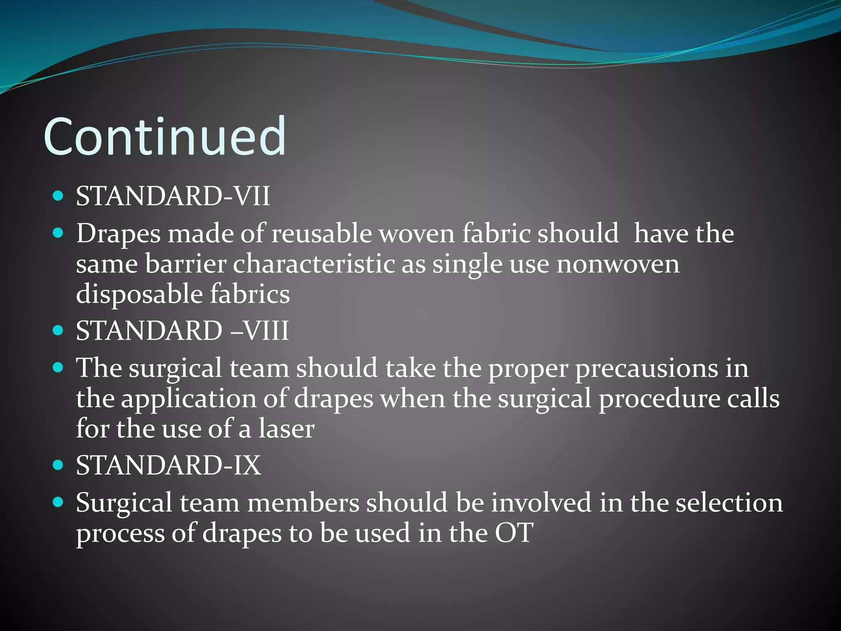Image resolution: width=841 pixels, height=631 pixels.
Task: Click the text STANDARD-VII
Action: click(173, 196)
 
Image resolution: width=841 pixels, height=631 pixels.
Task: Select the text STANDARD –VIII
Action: click(182, 331)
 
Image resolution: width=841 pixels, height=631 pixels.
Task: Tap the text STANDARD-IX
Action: click(168, 465)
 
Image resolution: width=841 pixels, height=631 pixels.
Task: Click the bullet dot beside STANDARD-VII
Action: click(58, 196)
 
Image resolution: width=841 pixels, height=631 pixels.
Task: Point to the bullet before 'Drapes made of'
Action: click(58, 233)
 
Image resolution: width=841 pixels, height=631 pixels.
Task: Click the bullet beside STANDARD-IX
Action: click(58, 465)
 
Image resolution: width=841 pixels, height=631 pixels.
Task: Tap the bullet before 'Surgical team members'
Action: click(58, 502)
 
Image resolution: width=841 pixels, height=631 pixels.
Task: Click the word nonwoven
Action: click(618, 264)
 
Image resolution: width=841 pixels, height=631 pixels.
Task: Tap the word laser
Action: click(286, 429)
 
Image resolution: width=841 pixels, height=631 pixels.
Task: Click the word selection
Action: click(729, 503)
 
